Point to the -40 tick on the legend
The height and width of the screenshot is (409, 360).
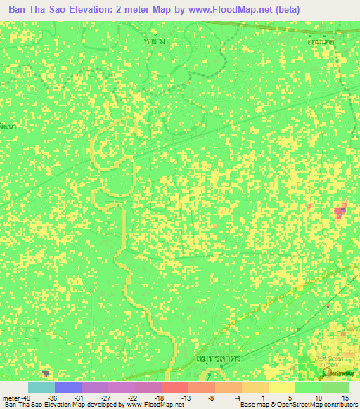tap(25, 398)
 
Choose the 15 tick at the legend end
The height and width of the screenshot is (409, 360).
tap(345, 398)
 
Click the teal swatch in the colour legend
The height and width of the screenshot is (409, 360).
tap(41, 387)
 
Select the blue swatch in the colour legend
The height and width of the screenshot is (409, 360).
tap(67, 387)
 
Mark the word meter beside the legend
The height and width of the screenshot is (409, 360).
tap(11, 398)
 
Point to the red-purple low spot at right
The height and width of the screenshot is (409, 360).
tap(340, 210)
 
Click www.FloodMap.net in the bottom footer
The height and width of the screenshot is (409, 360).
tap(149, 405)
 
